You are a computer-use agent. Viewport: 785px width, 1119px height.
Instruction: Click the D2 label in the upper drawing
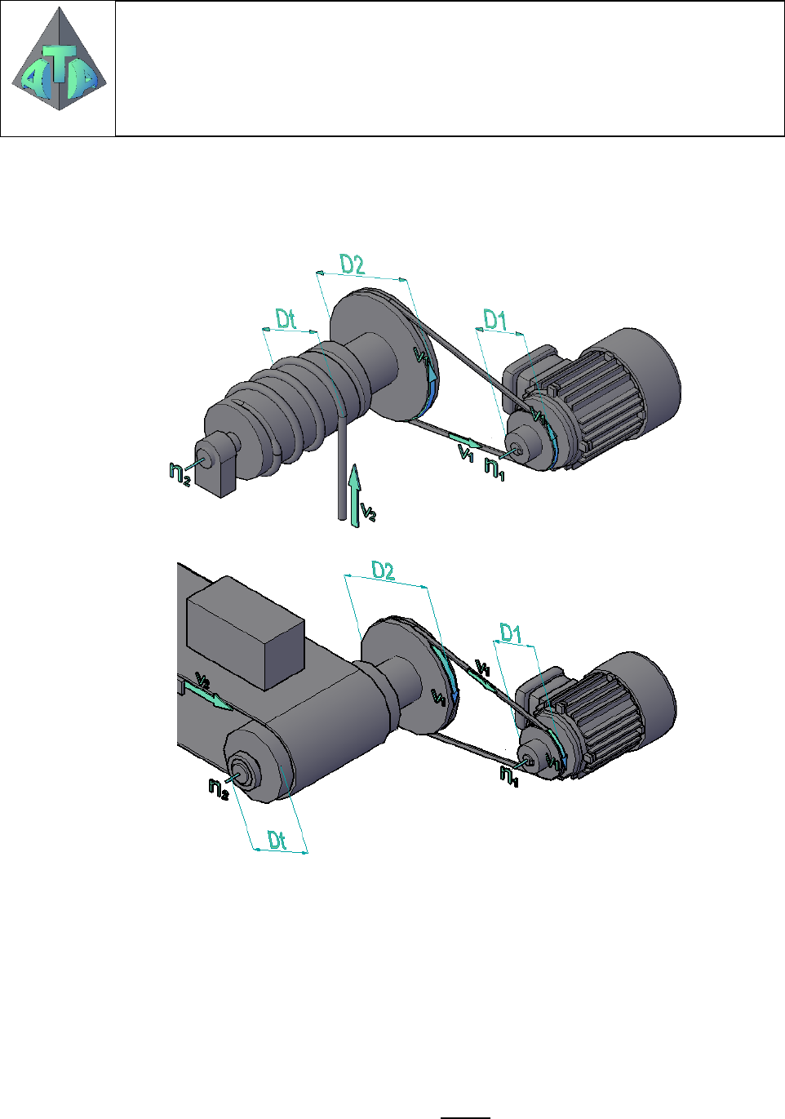coord(352,264)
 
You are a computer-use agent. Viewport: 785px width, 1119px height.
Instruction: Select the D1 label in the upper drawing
coord(495,320)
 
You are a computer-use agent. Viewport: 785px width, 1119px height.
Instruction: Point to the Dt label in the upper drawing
coord(286,319)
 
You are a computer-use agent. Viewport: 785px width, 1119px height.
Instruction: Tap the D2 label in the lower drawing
coord(383,571)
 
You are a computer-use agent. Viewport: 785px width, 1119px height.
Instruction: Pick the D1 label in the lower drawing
coord(510,633)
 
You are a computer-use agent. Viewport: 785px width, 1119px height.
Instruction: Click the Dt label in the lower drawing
coord(277,840)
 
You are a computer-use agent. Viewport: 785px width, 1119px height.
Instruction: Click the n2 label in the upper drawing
coord(180,474)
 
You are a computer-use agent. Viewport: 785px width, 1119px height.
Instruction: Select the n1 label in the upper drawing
coord(495,469)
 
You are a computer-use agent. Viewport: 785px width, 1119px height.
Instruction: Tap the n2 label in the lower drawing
coord(219,788)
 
